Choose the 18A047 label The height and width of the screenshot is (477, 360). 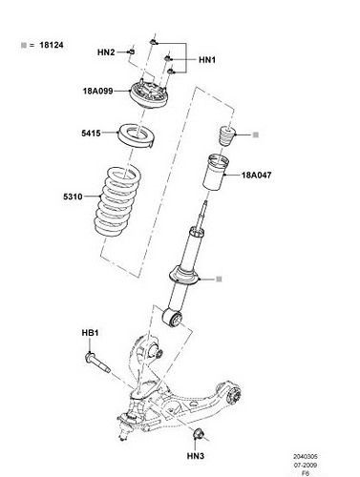pyautogui.click(x=258, y=176)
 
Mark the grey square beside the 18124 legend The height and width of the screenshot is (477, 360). pyautogui.click(x=20, y=45)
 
